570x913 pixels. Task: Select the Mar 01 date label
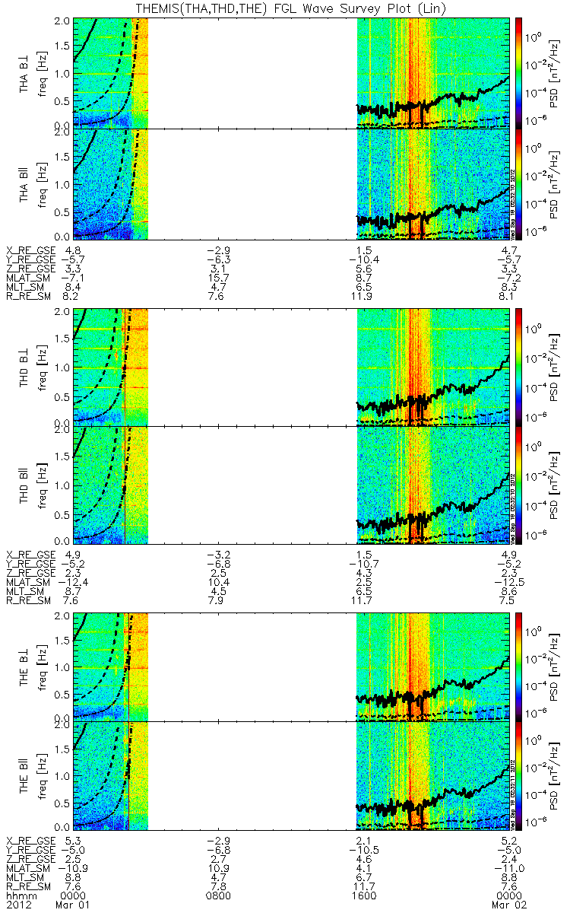point(67,905)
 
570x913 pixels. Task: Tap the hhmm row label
point(19,895)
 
